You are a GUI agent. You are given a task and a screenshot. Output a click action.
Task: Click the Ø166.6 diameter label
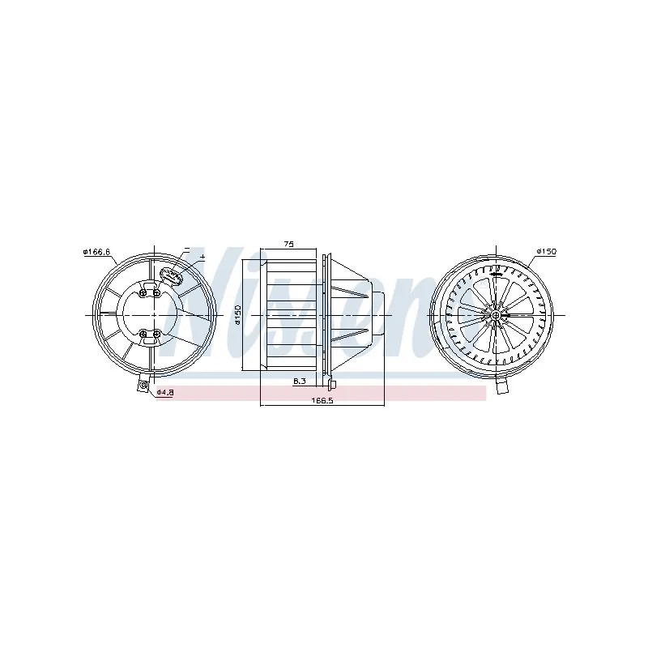[x=96, y=252]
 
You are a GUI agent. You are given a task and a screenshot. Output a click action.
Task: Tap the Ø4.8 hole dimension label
[x=165, y=392]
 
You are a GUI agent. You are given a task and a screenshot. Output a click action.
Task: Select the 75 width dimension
[x=289, y=245]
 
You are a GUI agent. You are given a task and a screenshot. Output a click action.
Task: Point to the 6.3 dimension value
[x=299, y=381]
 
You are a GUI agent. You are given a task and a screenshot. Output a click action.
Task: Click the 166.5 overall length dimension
[x=322, y=400]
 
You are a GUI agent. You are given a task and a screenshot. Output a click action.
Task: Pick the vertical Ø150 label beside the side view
[x=237, y=315]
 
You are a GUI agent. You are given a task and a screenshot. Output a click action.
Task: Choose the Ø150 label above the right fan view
[x=546, y=252]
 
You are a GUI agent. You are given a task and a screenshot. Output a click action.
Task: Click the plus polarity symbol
[x=202, y=257]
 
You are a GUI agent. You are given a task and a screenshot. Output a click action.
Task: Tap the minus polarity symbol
[x=187, y=249]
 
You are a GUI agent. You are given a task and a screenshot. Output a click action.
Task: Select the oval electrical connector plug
[x=172, y=275]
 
